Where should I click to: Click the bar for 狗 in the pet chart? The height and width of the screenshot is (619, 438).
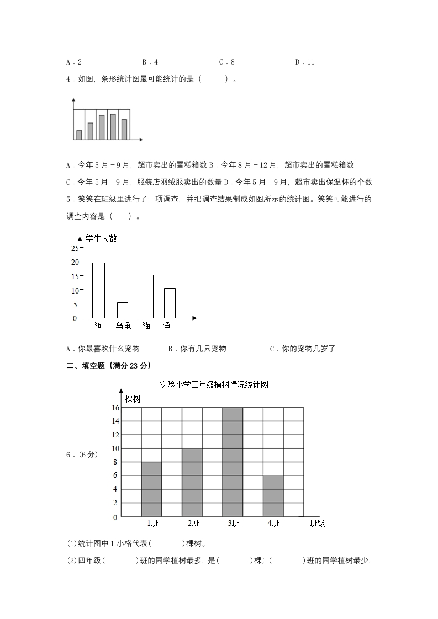coord(98,290)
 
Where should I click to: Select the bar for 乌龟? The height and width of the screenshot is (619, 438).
coord(122,310)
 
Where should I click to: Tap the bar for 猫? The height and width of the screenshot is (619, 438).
coord(147,296)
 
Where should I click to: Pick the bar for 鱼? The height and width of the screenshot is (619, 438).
coord(170,303)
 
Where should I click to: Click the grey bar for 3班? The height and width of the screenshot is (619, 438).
coord(233,462)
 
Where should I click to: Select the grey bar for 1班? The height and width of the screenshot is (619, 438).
coord(151,489)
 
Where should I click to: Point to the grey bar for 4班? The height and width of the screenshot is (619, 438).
coord(273,496)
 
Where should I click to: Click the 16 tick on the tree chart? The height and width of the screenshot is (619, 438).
coord(115,408)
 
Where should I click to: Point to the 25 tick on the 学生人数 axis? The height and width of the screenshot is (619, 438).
coord(75,248)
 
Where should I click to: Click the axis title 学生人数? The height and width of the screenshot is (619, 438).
coord(101,238)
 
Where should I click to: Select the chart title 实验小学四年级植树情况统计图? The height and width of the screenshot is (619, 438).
coord(214,385)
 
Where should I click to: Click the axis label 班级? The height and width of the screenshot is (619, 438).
coord(317,523)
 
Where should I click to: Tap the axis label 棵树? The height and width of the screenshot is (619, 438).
coord(133,398)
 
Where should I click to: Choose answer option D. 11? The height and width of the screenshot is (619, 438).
coord(304,62)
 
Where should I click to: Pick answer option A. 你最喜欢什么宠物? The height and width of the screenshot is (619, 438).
coord(103,349)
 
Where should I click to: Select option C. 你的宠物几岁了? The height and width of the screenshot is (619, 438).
coord(302,349)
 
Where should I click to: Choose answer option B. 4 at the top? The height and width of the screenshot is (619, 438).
coord(150,62)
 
